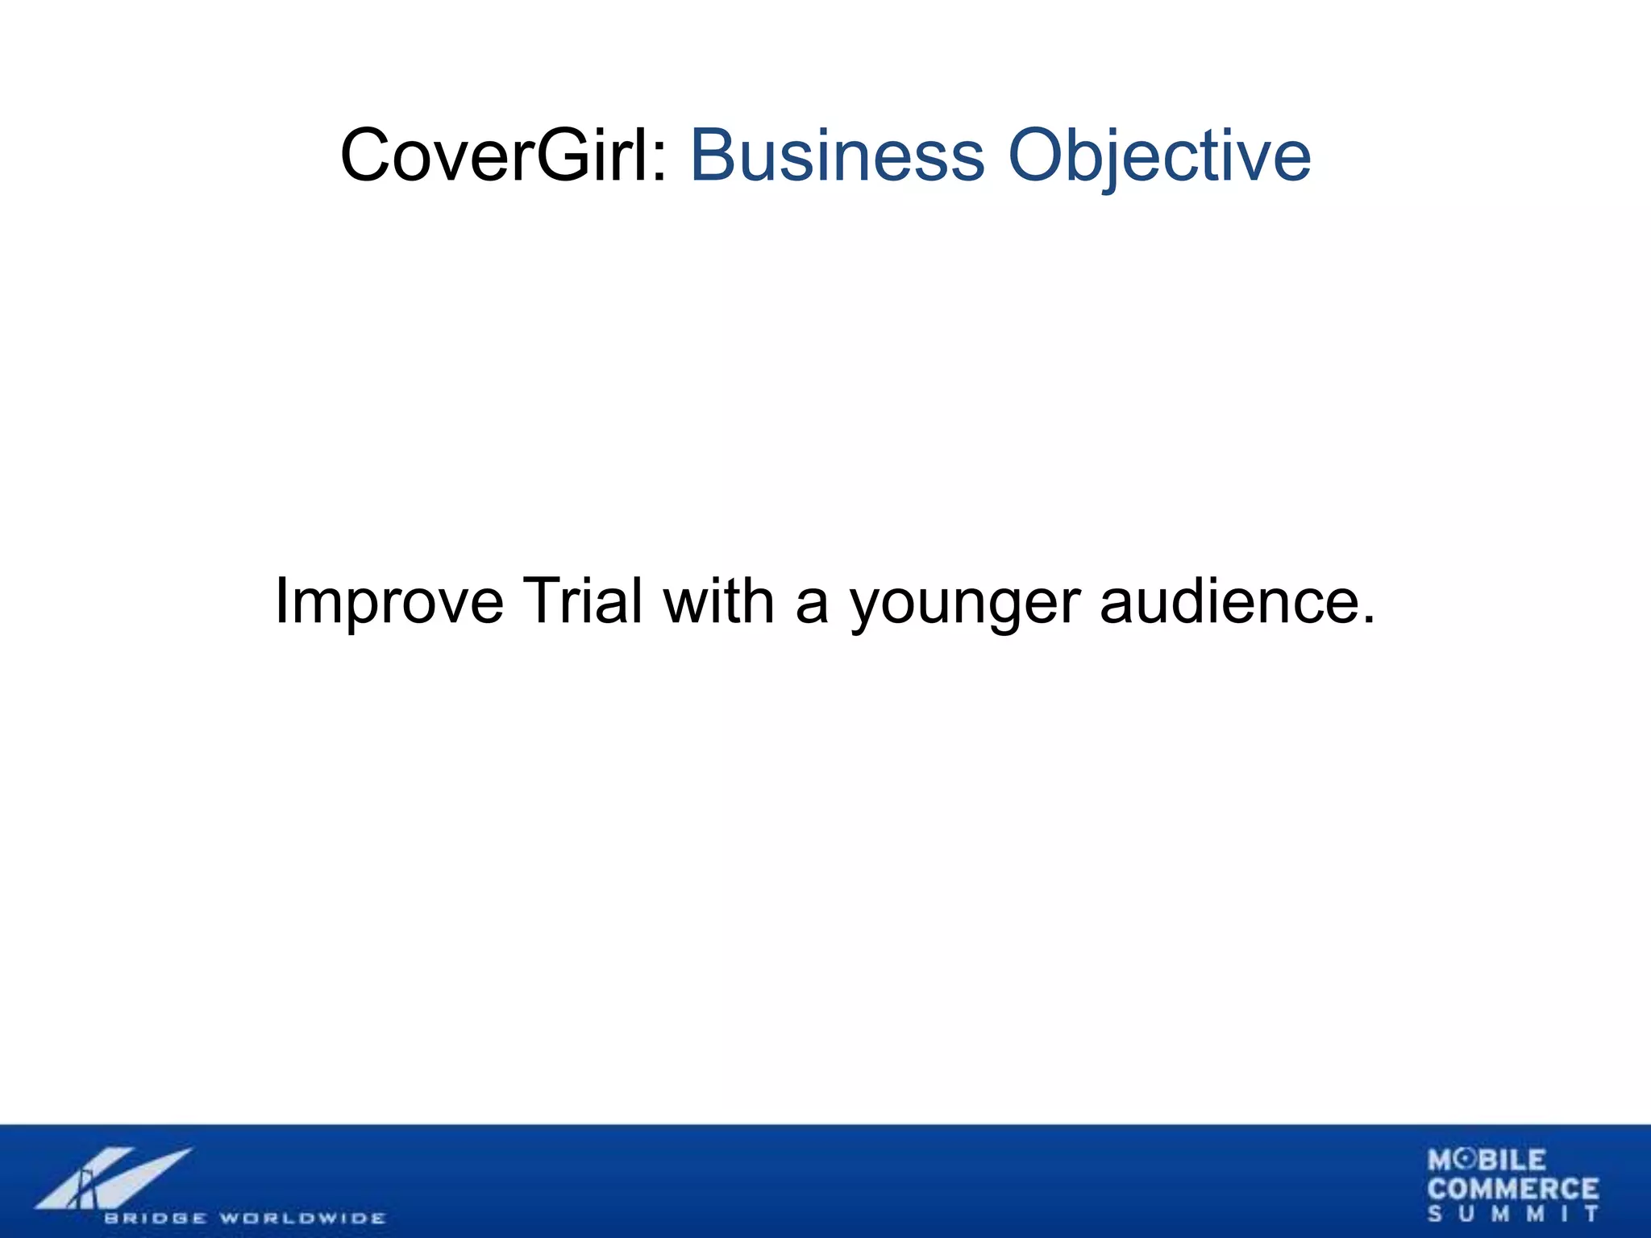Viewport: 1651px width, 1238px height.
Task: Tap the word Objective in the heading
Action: (1158, 157)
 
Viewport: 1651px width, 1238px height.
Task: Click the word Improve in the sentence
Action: (389, 601)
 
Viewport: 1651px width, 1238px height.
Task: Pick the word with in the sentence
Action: (718, 600)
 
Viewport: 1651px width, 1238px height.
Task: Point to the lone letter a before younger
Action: (811, 606)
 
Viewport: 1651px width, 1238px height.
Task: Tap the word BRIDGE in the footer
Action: (155, 1217)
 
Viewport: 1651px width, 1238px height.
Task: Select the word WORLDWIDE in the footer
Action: (303, 1217)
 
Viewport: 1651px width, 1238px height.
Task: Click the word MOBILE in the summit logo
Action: (1487, 1160)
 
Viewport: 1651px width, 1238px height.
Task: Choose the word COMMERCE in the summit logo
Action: (1512, 1188)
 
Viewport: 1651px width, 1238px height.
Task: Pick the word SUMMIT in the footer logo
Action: (1512, 1214)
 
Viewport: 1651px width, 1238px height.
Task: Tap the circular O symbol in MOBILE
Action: (1468, 1160)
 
